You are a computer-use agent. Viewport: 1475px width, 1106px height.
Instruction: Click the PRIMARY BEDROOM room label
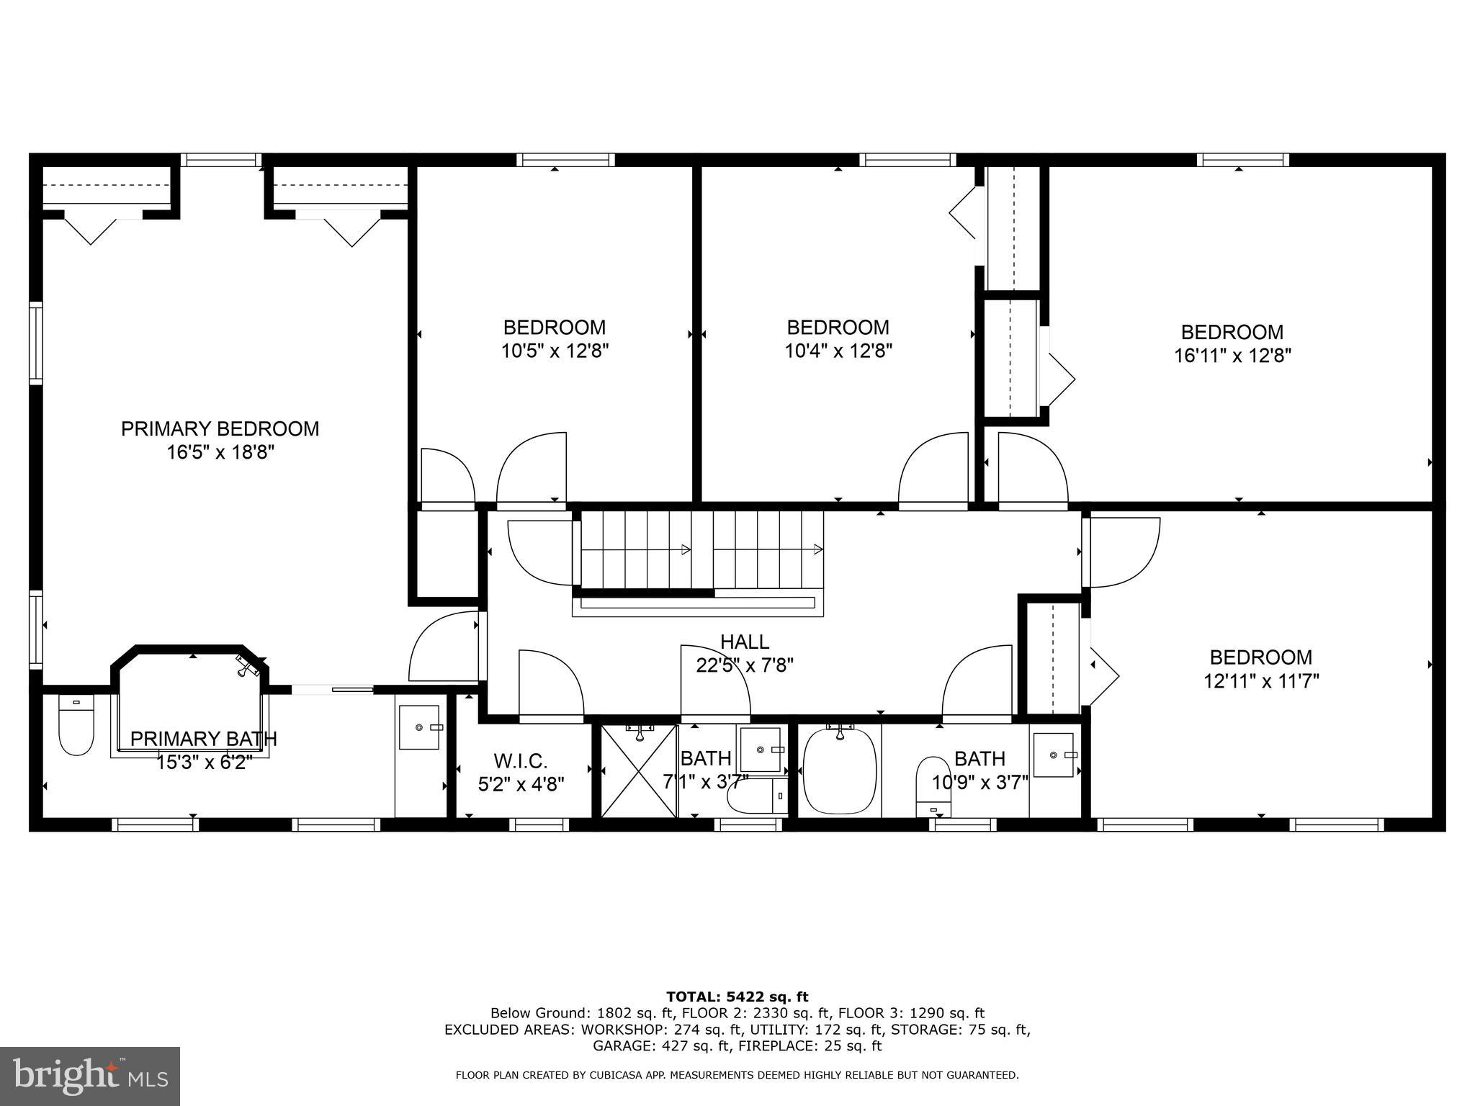220,428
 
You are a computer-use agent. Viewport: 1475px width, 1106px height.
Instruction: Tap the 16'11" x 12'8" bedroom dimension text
1232,356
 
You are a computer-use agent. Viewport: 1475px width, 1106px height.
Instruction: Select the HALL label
745,642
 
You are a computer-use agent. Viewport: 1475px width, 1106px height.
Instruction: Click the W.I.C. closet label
521,760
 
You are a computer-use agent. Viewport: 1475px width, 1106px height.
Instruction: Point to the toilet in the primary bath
76,726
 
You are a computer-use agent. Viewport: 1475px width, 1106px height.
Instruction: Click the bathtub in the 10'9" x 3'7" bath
840,772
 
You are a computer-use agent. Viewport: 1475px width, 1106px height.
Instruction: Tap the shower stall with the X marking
639,771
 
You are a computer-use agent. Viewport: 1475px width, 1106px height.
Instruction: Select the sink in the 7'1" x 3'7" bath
761,750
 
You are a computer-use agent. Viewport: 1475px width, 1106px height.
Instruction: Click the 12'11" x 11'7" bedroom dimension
1261,681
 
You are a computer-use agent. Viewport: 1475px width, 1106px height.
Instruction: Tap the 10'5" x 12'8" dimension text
555,351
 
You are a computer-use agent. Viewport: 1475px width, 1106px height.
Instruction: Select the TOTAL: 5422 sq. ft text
737,997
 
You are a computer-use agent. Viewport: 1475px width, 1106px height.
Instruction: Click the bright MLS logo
90,1076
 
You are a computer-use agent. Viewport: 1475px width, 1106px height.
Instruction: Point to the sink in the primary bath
419,727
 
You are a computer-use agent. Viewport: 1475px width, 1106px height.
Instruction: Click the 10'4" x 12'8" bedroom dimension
838,351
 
